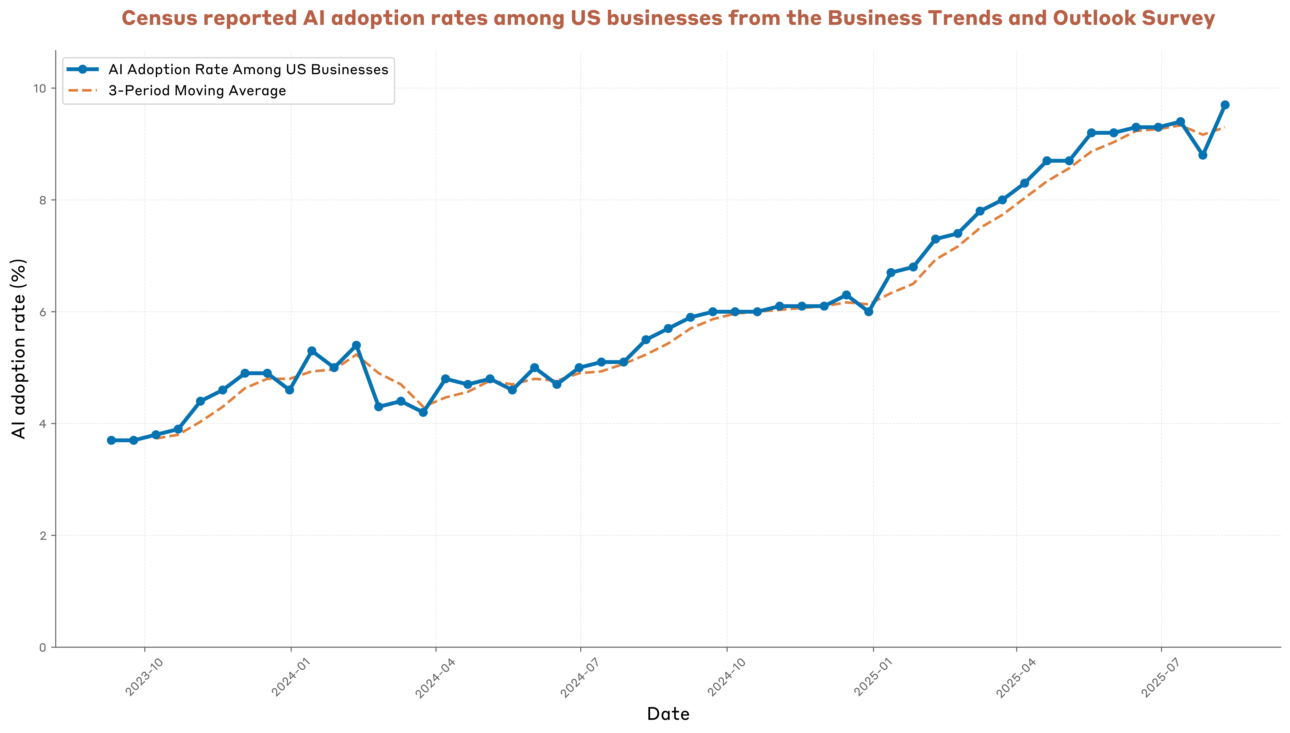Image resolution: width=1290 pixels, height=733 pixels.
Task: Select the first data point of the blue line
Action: tap(111, 440)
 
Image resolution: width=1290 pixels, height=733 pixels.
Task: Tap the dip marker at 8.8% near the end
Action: tap(1202, 155)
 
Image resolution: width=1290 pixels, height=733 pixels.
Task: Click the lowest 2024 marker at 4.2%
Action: tap(423, 412)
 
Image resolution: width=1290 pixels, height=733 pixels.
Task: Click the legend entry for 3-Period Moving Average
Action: tap(197, 91)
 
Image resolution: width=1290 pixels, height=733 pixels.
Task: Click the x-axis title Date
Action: tap(668, 713)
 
